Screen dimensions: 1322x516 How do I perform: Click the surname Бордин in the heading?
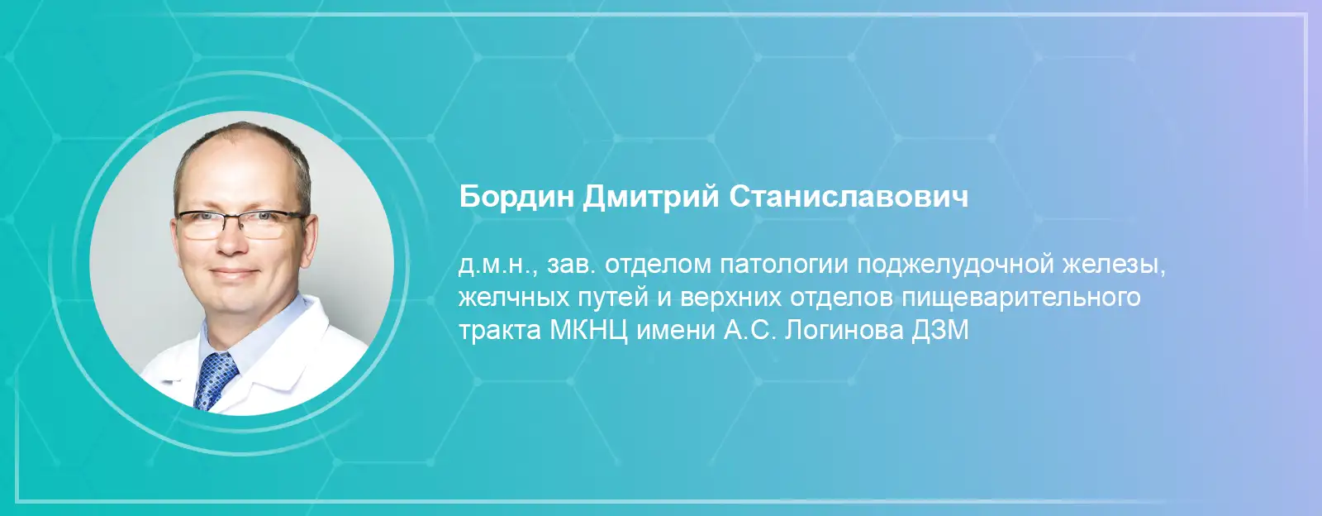[516, 197]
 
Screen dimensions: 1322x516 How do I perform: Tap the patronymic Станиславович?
[849, 197]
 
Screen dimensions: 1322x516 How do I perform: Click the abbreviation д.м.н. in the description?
[497, 265]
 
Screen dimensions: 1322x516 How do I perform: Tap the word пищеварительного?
[1021, 299]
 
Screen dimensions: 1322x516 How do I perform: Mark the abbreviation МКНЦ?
[588, 331]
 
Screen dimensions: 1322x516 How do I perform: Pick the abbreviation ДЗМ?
[939, 331]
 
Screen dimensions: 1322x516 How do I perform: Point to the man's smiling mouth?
[235, 273]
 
